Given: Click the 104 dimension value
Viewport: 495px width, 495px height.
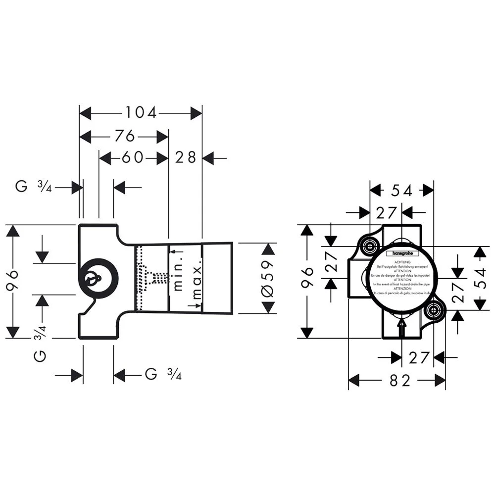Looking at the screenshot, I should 140,113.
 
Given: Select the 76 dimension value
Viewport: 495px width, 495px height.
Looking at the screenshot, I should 125,135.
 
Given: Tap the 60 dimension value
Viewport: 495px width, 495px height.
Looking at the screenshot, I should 132,158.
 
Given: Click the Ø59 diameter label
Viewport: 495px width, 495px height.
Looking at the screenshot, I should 267,278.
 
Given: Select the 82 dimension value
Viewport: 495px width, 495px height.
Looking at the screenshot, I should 400,380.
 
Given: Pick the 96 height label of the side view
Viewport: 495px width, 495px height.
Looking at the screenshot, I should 13,281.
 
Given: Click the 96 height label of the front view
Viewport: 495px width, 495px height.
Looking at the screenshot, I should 307,281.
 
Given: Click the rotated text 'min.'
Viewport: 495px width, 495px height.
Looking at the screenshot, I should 179,273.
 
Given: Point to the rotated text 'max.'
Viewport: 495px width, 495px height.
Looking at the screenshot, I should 197,282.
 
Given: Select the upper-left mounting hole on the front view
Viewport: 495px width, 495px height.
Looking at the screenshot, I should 369,246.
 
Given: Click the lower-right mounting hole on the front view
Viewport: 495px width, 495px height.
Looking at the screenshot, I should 434,311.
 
